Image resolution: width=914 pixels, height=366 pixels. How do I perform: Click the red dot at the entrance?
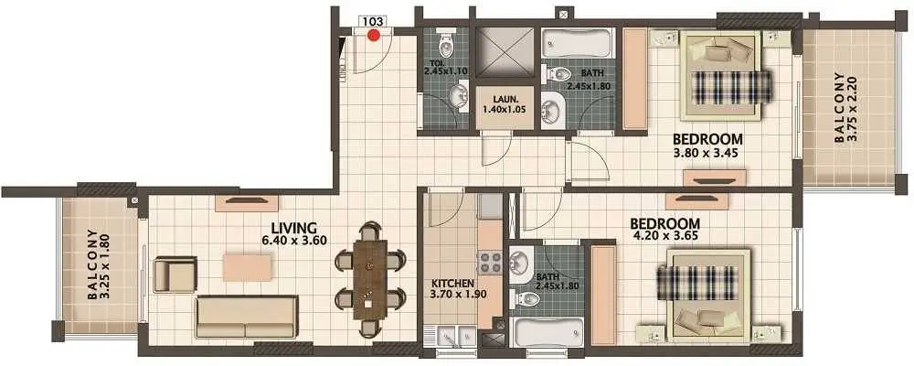pos(374,35)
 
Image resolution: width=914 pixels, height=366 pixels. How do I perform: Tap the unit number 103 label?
pos(373,22)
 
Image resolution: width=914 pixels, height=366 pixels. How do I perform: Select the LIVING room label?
pos(293,228)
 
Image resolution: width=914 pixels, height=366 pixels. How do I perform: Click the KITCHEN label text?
pos(452,284)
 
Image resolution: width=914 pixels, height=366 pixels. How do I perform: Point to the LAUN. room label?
pos(505,99)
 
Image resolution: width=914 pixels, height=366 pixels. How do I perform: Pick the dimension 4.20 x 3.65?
pos(664,237)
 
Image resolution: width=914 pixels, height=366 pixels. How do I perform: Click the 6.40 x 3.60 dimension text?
pos(293,240)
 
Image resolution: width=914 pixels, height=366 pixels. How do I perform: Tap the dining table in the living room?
pos(369,280)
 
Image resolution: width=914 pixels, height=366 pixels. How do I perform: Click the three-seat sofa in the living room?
pos(247,317)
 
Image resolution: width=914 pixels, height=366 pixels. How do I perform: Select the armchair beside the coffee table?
pos(175,274)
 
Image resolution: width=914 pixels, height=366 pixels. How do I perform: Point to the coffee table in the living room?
pos(247,267)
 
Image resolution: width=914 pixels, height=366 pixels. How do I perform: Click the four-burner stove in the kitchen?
pos(490,263)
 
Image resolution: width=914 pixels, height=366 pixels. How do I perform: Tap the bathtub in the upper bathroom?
pos(577,43)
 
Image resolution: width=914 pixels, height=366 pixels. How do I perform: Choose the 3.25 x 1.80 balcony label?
pos(99,264)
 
